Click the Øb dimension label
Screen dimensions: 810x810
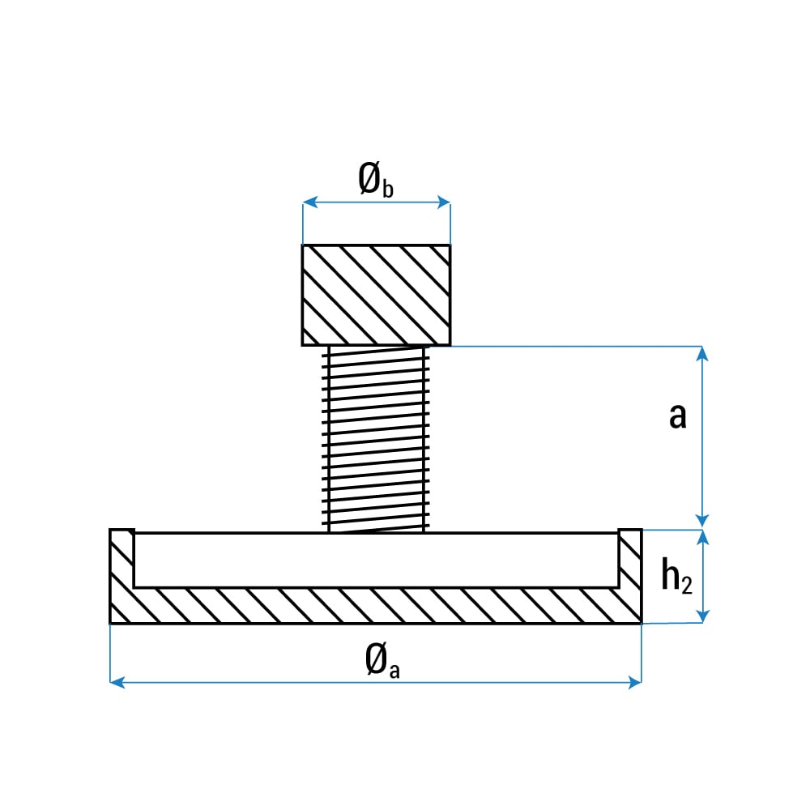[x=376, y=179]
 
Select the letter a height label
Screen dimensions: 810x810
[x=678, y=416]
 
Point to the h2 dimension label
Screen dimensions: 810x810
[x=676, y=575]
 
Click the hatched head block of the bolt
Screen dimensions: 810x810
[x=376, y=295]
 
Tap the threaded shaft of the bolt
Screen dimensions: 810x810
[x=376, y=439]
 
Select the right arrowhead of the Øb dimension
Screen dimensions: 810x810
[x=443, y=202]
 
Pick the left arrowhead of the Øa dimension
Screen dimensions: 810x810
[x=117, y=682]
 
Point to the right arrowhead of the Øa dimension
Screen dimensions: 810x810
[x=634, y=682]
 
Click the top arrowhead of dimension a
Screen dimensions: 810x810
[x=702, y=354]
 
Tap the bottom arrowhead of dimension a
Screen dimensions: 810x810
[x=702, y=521]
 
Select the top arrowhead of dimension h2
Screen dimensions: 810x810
[x=702, y=538]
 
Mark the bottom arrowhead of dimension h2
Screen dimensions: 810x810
[x=702, y=616]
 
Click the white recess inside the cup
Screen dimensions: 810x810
[x=376, y=560]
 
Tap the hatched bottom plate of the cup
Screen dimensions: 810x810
[x=376, y=605]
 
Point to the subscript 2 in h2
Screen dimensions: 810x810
[x=687, y=585]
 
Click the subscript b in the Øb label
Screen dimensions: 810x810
[x=388, y=189]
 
